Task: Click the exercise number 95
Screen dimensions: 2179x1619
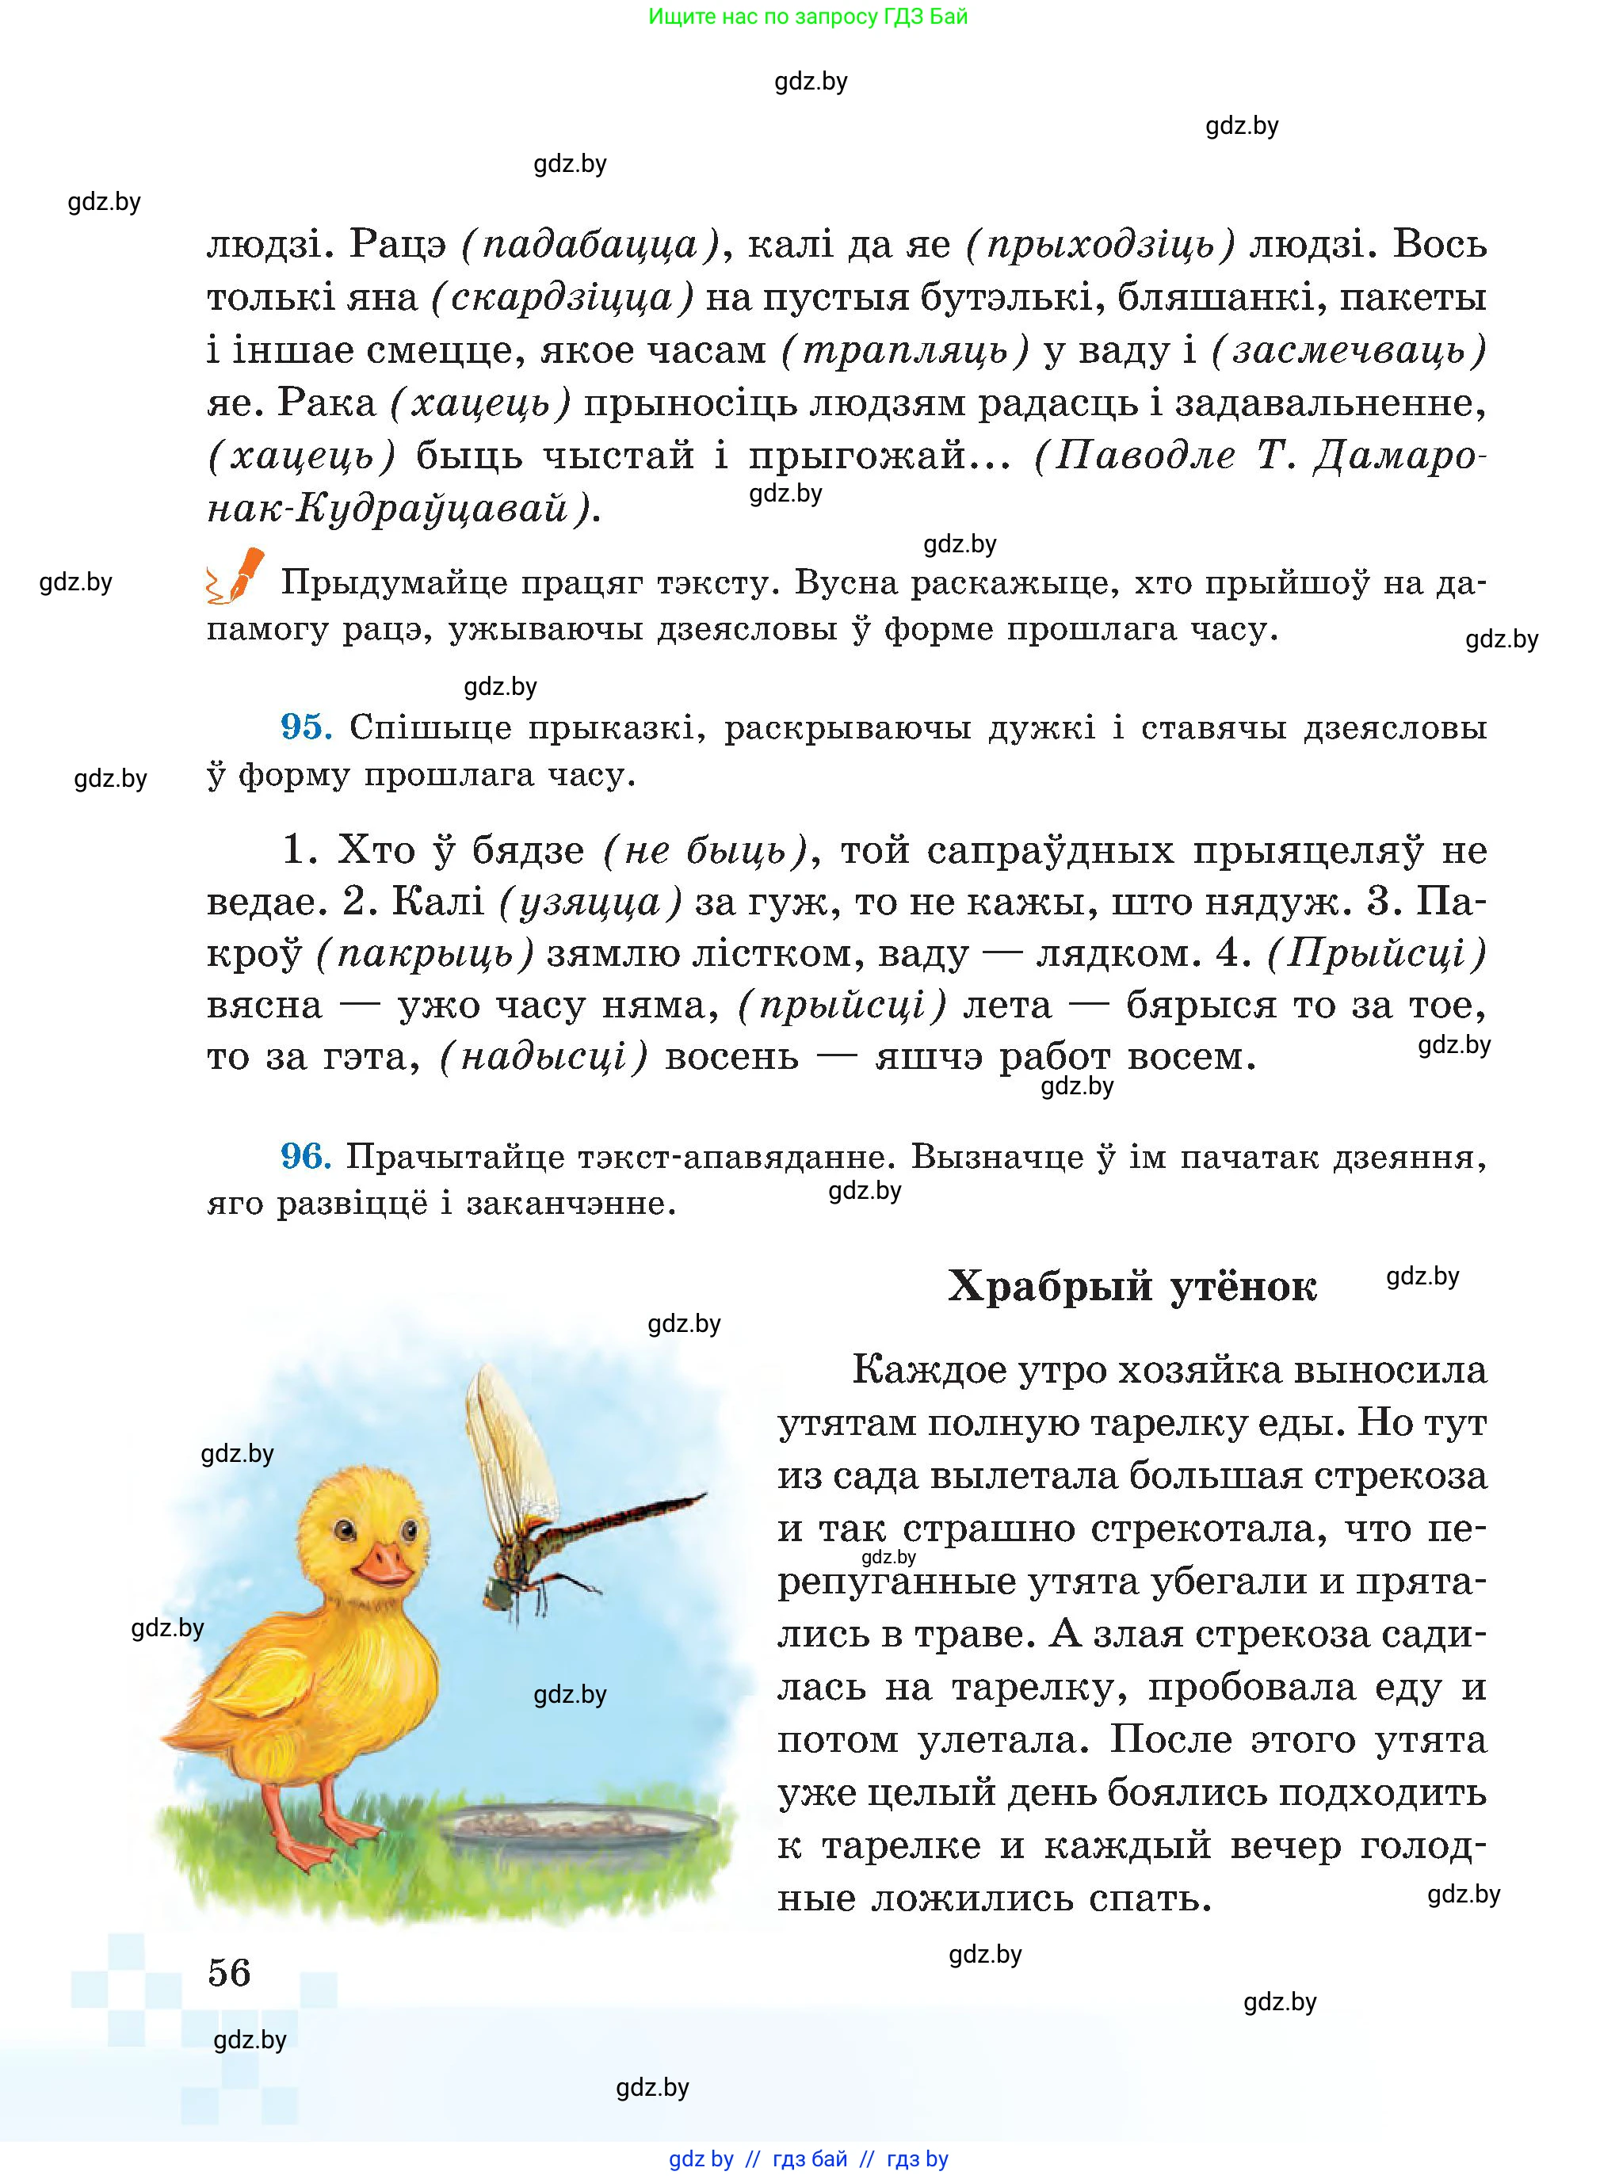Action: pos(306,727)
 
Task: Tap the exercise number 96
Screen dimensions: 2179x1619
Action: pos(306,1156)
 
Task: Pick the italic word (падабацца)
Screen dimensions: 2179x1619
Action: pos(590,244)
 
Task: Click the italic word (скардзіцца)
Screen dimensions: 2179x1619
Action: pos(563,297)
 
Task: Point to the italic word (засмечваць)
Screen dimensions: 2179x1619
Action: pos(1349,349)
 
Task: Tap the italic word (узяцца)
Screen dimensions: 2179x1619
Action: pos(590,902)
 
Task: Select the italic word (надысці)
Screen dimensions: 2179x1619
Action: pos(544,1056)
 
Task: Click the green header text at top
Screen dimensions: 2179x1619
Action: pos(808,17)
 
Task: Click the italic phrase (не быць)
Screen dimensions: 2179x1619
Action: pos(704,849)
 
